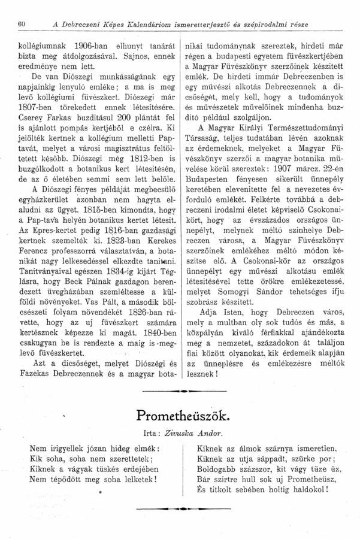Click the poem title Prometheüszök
[x=180, y=415]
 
